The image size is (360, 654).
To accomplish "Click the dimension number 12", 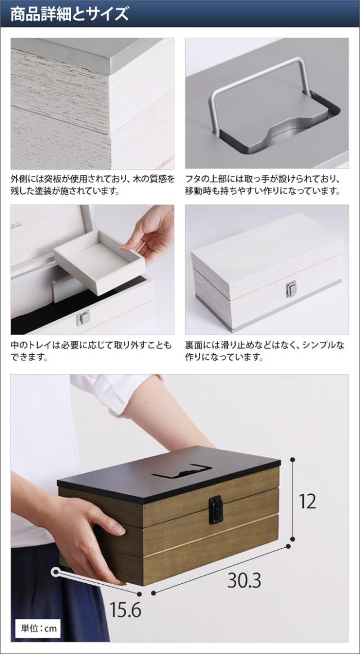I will pyautogui.click(x=307, y=500).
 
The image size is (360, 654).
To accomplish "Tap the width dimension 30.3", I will pyautogui.click(x=244, y=580).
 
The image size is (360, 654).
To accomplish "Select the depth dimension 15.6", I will pyautogui.click(x=125, y=610).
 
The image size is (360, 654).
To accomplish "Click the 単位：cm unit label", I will pyautogui.click(x=37, y=628).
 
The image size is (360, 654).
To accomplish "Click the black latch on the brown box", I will pyautogui.click(x=215, y=509).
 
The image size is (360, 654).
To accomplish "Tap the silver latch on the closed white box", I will pyautogui.click(x=291, y=289).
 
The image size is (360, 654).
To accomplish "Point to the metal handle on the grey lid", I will pyautogui.click(x=259, y=90).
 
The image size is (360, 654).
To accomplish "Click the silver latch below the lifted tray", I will pyautogui.click(x=83, y=317).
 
